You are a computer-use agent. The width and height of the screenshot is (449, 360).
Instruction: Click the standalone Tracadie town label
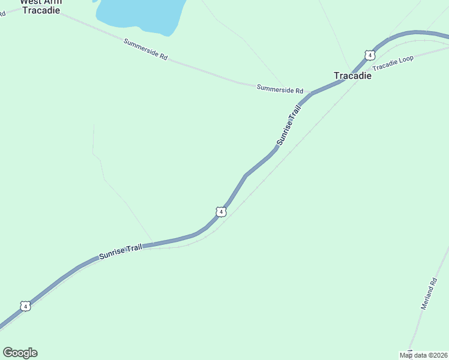(x=352, y=76)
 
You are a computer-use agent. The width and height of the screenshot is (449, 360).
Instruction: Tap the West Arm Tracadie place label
(x=40, y=6)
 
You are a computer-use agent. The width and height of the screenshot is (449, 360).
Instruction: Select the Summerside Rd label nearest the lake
(x=145, y=49)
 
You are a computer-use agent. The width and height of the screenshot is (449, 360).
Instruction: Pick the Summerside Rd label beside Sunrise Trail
(x=280, y=89)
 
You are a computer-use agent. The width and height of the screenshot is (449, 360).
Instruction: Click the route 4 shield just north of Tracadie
(x=370, y=55)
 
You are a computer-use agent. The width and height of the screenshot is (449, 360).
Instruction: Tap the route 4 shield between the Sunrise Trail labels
(x=221, y=212)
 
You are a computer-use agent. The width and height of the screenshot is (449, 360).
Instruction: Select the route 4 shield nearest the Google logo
(x=25, y=306)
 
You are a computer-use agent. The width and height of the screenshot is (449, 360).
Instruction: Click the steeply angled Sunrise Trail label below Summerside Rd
(x=288, y=127)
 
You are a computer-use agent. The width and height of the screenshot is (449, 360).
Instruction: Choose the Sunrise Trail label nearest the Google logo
(x=121, y=251)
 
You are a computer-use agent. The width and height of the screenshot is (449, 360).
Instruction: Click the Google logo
(x=20, y=353)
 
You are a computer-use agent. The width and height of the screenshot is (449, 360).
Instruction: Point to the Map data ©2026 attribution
(x=423, y=355)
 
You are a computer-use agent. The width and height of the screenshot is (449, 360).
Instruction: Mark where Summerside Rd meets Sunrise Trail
(x=309, y=94)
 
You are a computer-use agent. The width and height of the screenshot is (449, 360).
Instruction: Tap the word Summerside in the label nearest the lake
(x=140, y=47)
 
